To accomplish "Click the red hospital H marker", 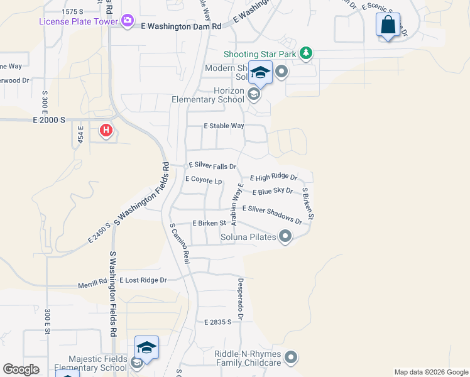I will [106, 131].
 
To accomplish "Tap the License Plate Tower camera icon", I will [128, 21].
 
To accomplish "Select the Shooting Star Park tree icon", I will [306, 53].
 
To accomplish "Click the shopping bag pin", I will [388, 26].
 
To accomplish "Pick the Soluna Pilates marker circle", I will [285, 237].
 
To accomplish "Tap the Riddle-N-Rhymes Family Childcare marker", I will [290, 358].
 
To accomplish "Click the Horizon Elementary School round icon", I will [254, 95].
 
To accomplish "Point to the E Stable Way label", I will [224, 126].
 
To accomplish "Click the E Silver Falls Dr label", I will [212, 166].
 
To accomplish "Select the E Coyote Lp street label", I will [204, 180].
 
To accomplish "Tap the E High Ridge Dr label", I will [273, 178].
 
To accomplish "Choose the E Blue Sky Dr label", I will [272, 191].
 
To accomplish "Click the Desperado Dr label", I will [239, 298].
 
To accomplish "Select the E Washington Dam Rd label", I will [181, 27].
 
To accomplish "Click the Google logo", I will [21, 369].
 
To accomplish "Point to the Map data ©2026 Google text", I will [430, 372].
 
